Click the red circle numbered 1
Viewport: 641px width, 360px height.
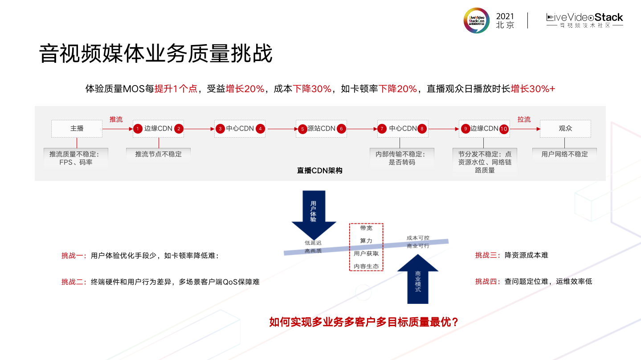pos(138,129)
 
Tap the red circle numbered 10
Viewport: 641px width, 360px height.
pos(504,129)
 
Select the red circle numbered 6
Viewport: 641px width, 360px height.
pos(342,129)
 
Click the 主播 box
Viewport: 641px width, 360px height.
pos(77,128)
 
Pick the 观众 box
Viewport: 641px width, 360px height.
pos(565,128)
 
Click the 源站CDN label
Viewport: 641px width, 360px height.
pos(321,128)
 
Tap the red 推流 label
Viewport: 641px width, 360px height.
pos(116,119)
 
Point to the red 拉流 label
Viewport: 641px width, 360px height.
pos(524,119)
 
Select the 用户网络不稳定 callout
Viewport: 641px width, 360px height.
pos(564,154)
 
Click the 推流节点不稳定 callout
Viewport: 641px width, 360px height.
pos(159,154)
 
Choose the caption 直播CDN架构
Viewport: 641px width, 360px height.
pos(319,171)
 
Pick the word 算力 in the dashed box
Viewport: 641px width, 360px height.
pos(366,241)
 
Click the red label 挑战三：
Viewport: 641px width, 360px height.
pos(488,255)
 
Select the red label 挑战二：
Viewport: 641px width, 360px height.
pos(74,282)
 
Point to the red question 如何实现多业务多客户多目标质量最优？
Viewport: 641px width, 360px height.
pos(364,322)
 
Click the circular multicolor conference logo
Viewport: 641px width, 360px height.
pos(476,20)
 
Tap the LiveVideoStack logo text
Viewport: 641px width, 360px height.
pos(584,18)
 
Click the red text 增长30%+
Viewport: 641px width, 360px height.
pos(533,89)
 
